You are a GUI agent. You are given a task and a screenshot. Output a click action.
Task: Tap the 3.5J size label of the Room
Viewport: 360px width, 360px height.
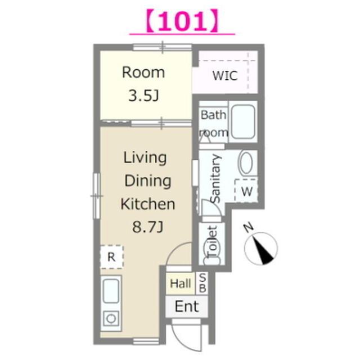coord(143,96)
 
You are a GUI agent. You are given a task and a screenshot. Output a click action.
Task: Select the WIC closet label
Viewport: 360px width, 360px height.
coord(225,75)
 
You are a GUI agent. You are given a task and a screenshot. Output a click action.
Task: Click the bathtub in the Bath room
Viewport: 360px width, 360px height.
coord(243,122)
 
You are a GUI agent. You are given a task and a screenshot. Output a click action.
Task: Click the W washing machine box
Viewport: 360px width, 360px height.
coord(246,191)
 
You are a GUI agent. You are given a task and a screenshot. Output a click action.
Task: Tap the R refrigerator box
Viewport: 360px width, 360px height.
coord(112,257)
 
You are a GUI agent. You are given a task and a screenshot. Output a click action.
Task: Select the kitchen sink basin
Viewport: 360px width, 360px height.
coord(111,291)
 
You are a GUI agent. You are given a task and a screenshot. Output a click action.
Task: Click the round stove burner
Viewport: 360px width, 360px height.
coord(111,318)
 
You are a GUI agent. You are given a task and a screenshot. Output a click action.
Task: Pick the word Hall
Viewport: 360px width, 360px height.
coord(181,283)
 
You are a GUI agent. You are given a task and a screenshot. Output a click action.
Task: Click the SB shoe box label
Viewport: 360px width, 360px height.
coord(202,283)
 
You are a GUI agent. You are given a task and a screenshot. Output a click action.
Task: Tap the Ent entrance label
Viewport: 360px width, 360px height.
coord(187,307)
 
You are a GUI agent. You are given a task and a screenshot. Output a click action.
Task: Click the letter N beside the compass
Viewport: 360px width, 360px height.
coord(249,228)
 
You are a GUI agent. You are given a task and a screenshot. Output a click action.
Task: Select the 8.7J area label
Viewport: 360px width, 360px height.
coord(148,227)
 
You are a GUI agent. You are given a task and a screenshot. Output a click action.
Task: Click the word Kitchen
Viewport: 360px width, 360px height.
coord(148,204)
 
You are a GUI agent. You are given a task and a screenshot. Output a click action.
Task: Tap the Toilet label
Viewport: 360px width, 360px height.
coord(212,242)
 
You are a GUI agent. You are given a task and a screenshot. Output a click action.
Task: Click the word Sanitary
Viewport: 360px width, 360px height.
coord(216,179)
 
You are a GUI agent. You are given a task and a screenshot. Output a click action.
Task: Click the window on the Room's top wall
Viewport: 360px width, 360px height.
coord(163,47)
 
